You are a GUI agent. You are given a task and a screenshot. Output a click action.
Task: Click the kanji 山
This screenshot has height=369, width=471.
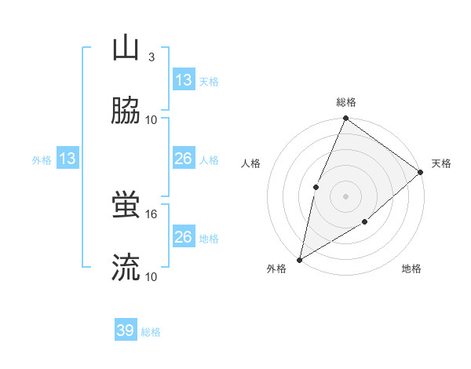point(126,48)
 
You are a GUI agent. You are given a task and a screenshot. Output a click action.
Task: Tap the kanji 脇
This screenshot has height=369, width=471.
point(126,111)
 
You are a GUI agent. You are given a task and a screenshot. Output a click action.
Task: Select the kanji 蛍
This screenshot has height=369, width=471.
point(126,205)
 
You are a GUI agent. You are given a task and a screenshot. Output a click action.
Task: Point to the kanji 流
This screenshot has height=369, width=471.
point(126,268)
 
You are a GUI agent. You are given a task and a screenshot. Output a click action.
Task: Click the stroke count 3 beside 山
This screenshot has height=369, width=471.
point(152,57)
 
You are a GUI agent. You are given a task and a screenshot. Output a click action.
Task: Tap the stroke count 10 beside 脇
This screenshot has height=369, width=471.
point(152,120)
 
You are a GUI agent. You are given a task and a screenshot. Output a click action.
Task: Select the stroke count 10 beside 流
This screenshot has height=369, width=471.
point(152,277)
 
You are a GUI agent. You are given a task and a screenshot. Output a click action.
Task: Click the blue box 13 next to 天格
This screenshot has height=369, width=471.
point(184,79)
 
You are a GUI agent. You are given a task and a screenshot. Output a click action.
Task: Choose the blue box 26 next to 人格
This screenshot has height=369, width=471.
point(184,159)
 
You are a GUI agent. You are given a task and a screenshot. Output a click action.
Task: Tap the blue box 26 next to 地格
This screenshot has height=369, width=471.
point(184,237)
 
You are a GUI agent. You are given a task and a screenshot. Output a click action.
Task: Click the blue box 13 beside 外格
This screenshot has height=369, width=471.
point(68,159)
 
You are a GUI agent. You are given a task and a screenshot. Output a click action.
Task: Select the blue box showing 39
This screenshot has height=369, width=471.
point(126,331)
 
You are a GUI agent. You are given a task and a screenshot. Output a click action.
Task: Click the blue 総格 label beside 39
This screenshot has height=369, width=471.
point(152,332)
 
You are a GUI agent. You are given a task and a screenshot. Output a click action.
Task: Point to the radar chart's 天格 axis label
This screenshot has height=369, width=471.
point(441,163)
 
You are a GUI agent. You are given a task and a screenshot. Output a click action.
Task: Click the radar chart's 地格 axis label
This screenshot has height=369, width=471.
point(411,269)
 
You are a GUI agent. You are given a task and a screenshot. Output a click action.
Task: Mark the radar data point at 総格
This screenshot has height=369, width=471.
point(345,119)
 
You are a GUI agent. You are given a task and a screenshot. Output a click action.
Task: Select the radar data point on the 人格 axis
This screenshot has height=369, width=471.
point(316,186)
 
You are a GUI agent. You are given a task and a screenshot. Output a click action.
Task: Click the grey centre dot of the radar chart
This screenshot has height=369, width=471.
point(345,195)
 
